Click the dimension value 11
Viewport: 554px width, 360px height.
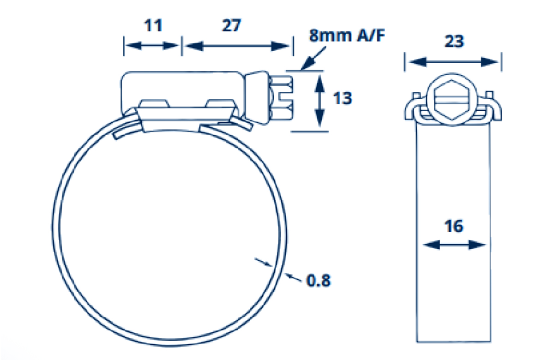pos(153,26)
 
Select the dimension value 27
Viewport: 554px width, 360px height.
pos(231,26)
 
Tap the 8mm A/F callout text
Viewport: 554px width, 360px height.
pos(346,36)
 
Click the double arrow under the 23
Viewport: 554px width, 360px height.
pos(453,61)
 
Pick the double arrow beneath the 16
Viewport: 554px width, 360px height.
pos(454,245)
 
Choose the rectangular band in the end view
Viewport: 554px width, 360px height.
pos(453,231)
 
